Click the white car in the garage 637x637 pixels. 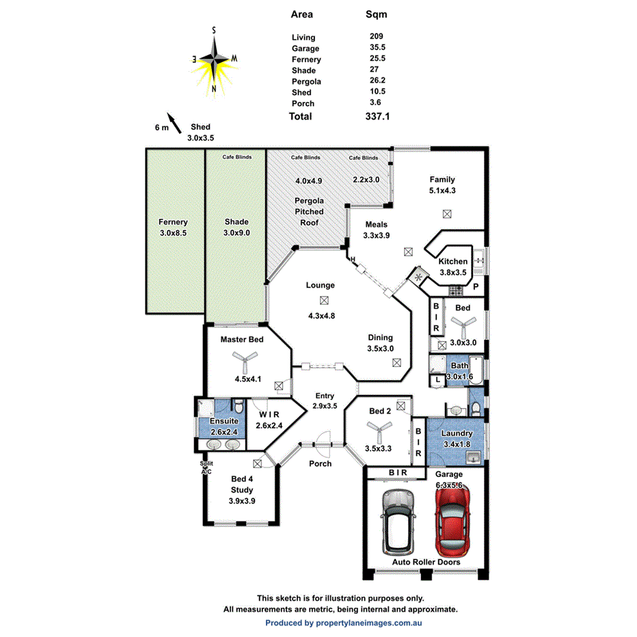[398, 523]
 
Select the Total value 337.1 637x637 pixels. [377, 117]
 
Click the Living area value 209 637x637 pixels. [376, 38]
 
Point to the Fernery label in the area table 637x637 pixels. [306, 59]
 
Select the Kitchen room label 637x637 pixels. [453, 261]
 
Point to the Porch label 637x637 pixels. [320, 463]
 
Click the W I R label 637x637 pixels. [269, 414]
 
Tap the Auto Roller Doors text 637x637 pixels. [425, 563]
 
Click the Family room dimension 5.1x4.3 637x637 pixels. [442, 191]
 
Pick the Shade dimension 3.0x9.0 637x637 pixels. [236, 233]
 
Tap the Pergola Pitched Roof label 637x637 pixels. [309, 212]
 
